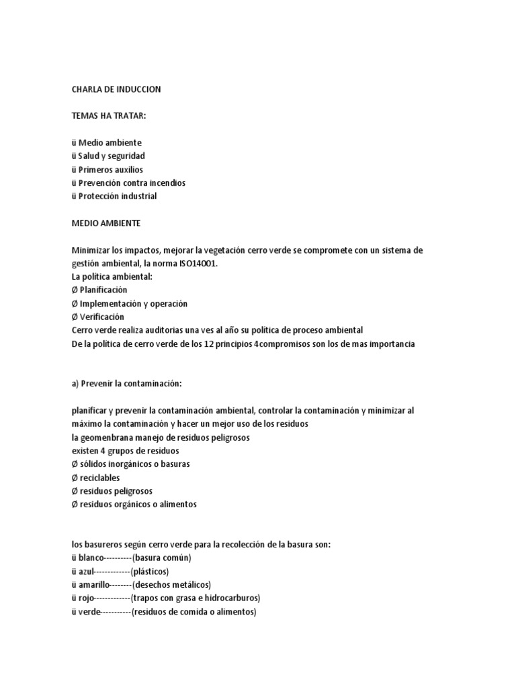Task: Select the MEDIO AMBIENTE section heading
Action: click(x=106, y=223)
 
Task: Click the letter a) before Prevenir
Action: click(x=75, y=384)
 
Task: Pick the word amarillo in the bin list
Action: click(x=95, y=584)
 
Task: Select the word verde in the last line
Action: click(x=89, y=611)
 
